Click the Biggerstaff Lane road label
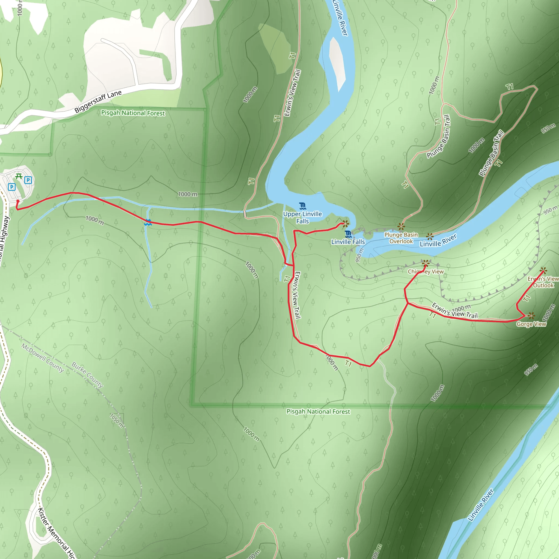click(98, 101)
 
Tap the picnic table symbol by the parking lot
click(19, 176)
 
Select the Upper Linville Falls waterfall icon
click(303, 206)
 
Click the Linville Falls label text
click(348, 242)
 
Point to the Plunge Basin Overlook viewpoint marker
click(401, 226)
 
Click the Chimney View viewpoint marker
click(425, 264)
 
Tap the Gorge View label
click(531, 324)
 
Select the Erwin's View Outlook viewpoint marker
click(543, 270)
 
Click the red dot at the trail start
click(18, 201)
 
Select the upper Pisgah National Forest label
click(133, 113)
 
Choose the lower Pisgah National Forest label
click(318, 411)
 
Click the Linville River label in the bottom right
click(481, 505)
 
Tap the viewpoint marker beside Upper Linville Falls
click(346, 224)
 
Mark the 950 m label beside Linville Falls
click(359, 255)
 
